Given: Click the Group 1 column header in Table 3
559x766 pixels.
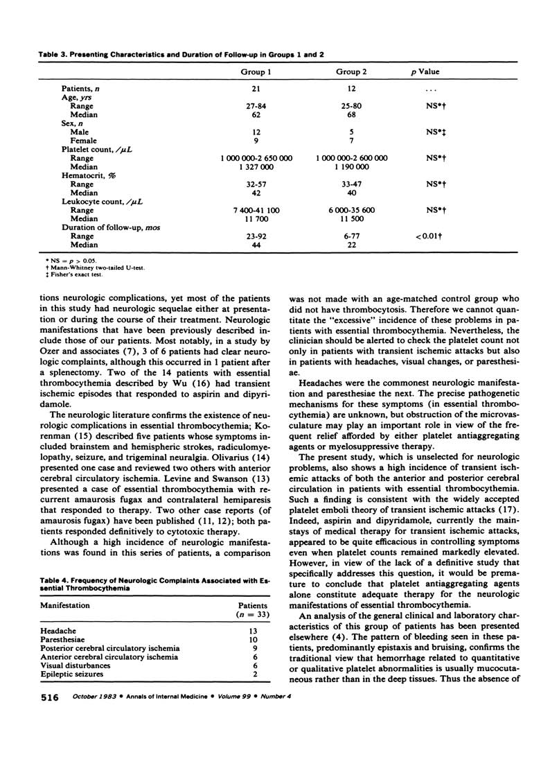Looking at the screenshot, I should (x=256, y=71).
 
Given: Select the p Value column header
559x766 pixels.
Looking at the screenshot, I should (x=425, y=71).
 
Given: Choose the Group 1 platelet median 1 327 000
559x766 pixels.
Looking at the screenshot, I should (x=256, y=167).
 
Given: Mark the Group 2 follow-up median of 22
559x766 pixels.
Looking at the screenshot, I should (x=352, y=245).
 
